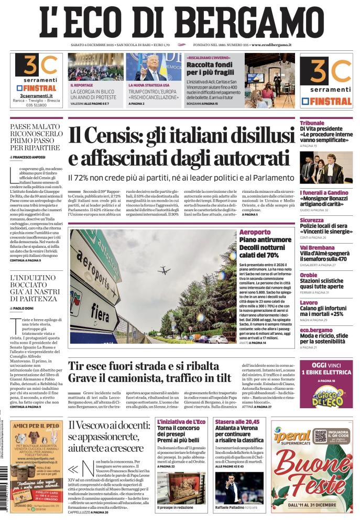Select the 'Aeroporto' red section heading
point(255,232)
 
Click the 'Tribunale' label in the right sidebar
point(312,123)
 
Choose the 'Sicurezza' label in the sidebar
point(312,220)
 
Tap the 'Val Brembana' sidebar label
point(318,247)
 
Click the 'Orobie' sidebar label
point(309,275)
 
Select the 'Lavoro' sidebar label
point(309,302)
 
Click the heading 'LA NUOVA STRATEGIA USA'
point(149,84)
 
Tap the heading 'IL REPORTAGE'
point(82,84)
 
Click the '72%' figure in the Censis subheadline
point(90,178)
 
